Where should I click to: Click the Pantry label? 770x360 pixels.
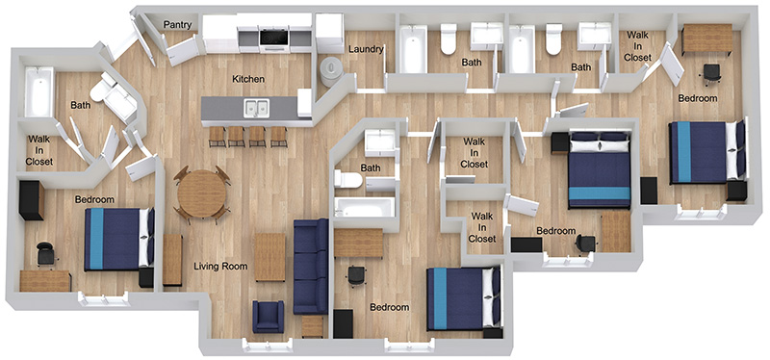point(177,25)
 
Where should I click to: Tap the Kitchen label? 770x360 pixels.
point(248,79)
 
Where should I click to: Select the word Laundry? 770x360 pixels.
point(366,49)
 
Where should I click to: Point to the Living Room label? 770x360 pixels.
point(220,267)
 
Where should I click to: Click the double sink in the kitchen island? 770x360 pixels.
point(256,108)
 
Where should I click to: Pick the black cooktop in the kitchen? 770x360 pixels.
point(274,38)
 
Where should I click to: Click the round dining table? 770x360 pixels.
point(202,193)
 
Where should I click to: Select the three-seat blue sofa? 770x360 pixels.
point(310,267)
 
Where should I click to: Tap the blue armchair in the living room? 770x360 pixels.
point(269,316)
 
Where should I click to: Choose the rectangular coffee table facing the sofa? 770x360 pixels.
point(269,257)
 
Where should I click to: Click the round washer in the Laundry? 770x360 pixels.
point(331,68)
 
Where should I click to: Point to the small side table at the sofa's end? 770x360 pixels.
point(312,326)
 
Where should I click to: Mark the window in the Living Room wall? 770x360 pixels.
point(268,346)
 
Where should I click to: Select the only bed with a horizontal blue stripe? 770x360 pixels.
point(600,169)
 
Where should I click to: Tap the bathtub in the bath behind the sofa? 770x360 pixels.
point(365,208)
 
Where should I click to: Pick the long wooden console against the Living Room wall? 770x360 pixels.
point(172,260)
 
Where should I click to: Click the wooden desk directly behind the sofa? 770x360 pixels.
point(358,243)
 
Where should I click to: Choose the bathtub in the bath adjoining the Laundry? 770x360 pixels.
point(413,49)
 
